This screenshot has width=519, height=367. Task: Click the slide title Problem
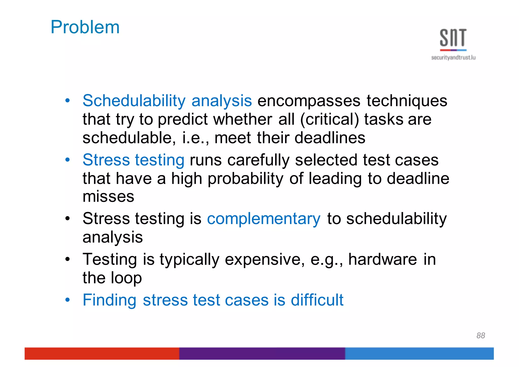[85, 27]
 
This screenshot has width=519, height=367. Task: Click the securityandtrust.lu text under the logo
[453, 58]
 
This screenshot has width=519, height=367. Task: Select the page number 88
[480, 335]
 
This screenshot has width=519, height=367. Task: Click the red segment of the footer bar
[101, 353]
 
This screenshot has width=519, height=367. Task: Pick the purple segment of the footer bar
[262, 353]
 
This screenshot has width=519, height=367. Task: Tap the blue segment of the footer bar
[419, 353]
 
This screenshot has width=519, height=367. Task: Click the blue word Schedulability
[134, 101]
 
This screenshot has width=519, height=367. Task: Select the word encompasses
[309, 101]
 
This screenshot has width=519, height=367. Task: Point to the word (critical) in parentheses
[329, 119]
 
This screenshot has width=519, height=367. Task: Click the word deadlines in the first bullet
[330, 138]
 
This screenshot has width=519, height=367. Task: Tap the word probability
[245, 179]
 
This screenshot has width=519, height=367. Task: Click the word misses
[108, 197]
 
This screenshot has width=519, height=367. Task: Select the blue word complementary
[264, 219]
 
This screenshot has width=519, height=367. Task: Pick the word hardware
[382, 259]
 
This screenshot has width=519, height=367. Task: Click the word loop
[126, 278]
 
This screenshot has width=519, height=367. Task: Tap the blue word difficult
[317, 300]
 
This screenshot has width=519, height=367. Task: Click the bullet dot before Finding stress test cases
[67, 300]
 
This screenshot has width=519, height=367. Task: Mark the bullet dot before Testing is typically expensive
[67, 259]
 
